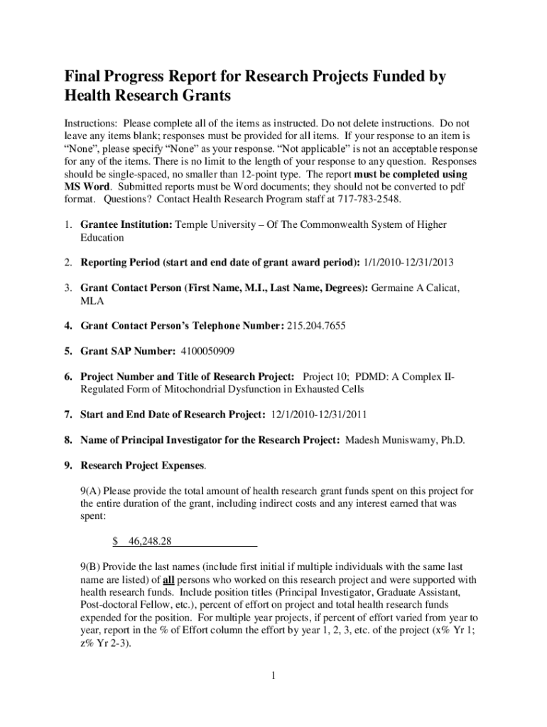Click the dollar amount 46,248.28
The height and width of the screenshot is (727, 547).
point(150,541)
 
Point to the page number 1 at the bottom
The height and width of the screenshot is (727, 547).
point(273,674)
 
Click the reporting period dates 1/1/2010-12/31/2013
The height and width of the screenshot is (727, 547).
point(408,263)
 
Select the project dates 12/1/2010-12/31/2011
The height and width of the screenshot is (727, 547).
point(319,415)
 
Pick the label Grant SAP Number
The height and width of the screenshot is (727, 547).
point(128,351)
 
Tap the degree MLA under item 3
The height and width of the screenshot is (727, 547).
point(92,301)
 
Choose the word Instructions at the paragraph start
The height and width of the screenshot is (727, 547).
point(91,123)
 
